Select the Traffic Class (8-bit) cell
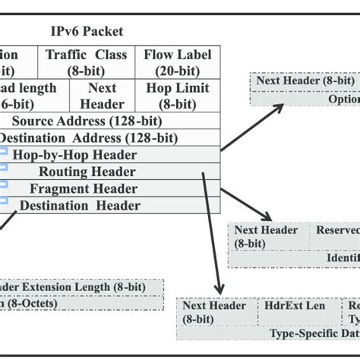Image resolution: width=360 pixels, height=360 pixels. (x=87, y=62)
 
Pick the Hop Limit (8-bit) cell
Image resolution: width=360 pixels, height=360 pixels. (x=178, y=96)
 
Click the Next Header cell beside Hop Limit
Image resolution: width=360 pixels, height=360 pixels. (x=103, y=96)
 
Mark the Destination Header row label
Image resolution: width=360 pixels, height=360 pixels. (x=80, y=205)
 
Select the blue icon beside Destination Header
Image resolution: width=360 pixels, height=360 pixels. (x=3, y=201)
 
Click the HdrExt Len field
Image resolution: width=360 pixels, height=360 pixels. (x=295, y=305)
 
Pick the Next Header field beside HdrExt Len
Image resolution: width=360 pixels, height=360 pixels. (x=213, y=312)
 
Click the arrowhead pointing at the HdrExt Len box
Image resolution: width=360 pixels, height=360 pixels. (x=219, y=290)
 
